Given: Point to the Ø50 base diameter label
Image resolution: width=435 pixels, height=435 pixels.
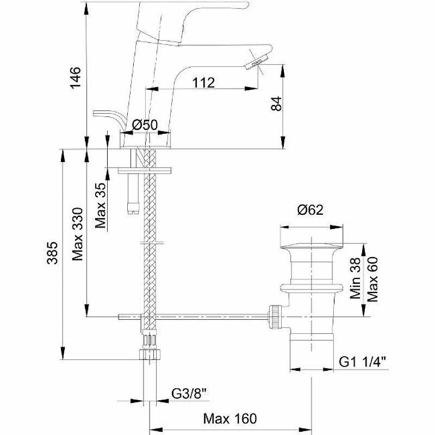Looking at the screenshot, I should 145,125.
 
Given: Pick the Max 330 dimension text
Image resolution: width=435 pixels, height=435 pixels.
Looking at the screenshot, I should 77,233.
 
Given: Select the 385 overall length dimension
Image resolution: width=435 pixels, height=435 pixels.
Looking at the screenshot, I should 52,253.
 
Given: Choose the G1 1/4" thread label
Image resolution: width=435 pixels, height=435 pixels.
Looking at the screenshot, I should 362,361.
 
